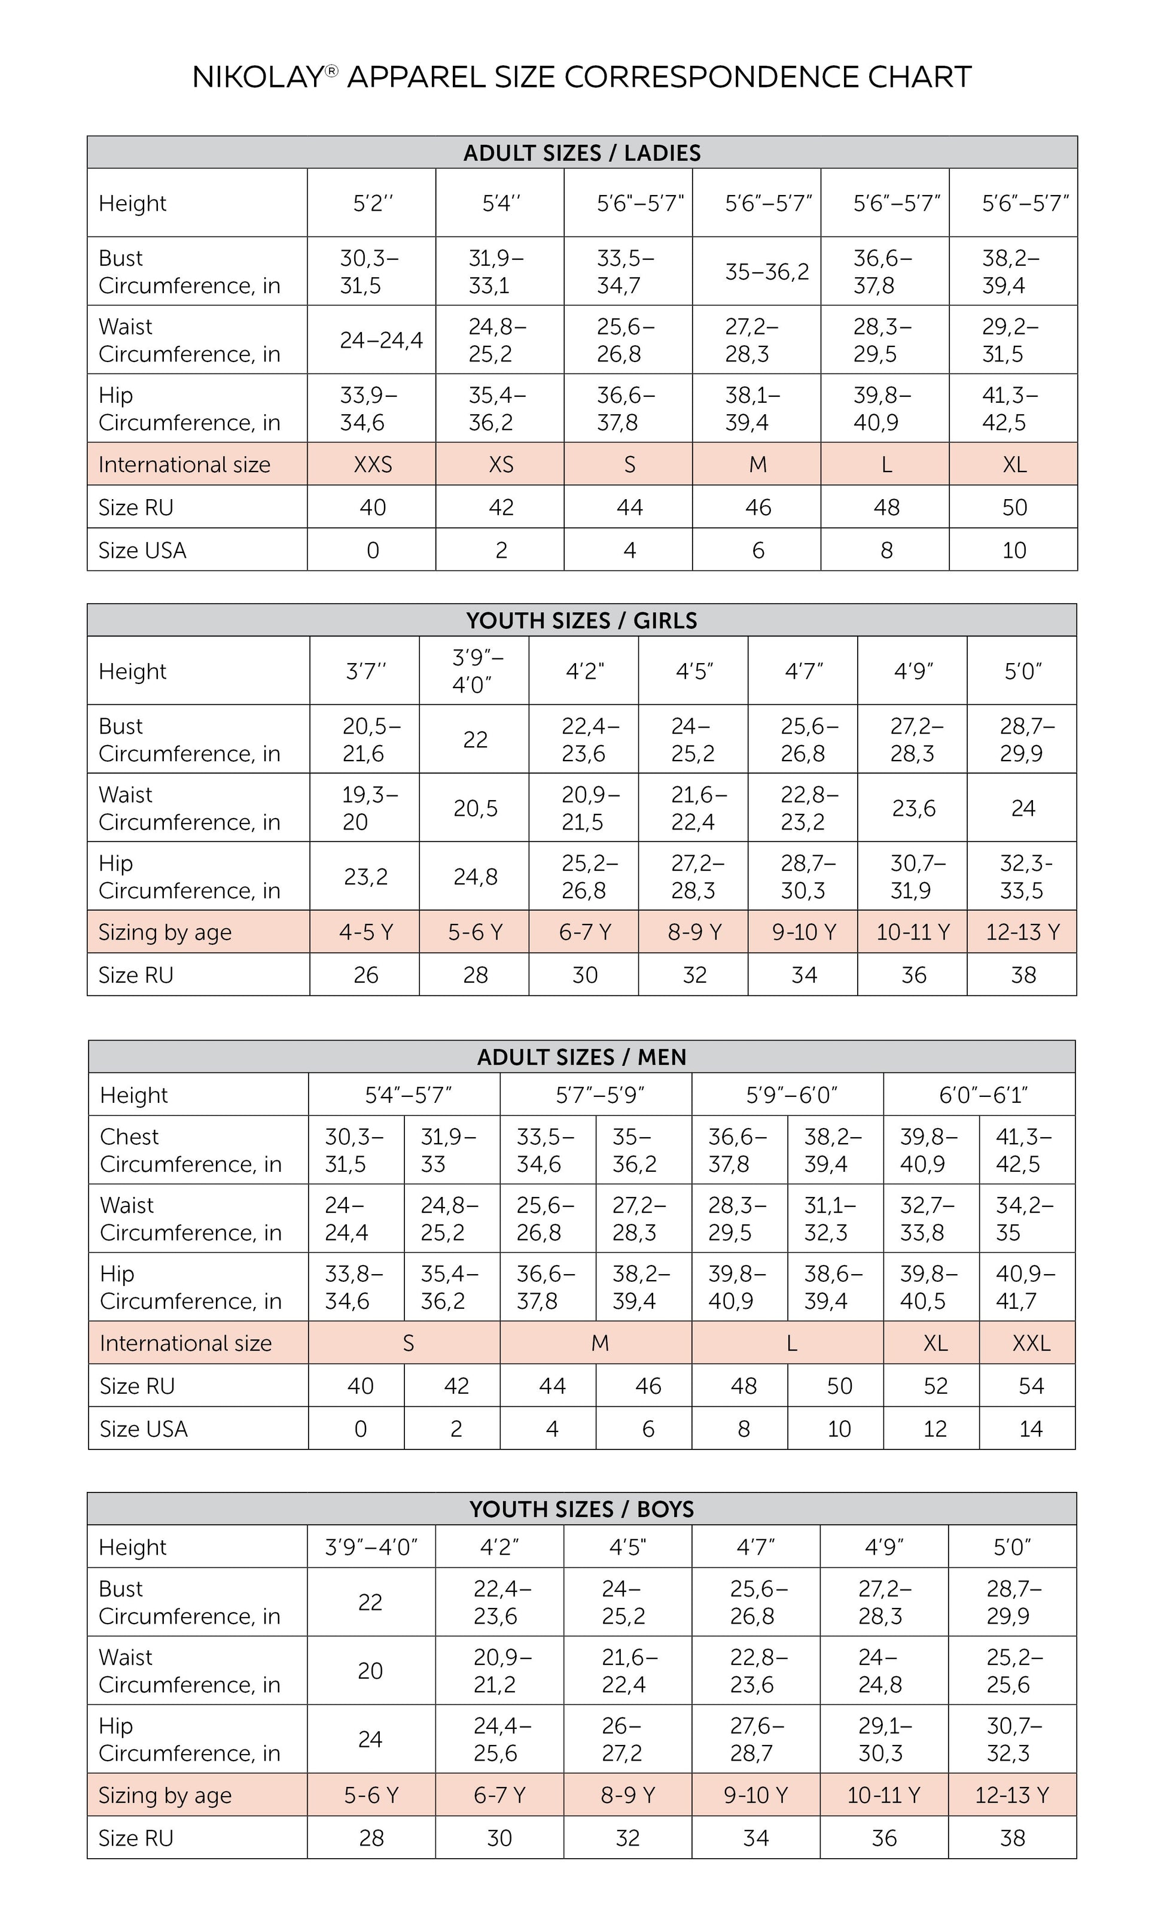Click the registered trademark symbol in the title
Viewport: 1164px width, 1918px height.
[x=331, y=71]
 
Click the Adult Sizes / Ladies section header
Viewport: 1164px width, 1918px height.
[x=582, y=153]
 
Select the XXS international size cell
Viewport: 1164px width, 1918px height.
[x=373, y=465]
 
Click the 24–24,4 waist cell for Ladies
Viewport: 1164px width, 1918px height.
[x=380, y=340]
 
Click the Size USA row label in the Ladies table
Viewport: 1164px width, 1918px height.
[x=142, y=551]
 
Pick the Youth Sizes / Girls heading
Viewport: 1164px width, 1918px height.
[x=582, y=621]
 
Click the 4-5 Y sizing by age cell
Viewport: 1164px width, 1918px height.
[x=365, y=932]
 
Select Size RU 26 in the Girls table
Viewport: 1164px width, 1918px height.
[x=365, y=975]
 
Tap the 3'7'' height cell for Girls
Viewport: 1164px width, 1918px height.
[x=365, y=671]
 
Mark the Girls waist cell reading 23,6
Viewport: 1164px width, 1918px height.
[x=913, y=808]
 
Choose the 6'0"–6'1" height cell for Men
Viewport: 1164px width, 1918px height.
[x=983, y=1095]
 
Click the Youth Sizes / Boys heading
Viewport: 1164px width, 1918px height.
[x=582, y=1509]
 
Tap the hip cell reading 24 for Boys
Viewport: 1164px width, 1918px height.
[x=370, y=1740]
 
